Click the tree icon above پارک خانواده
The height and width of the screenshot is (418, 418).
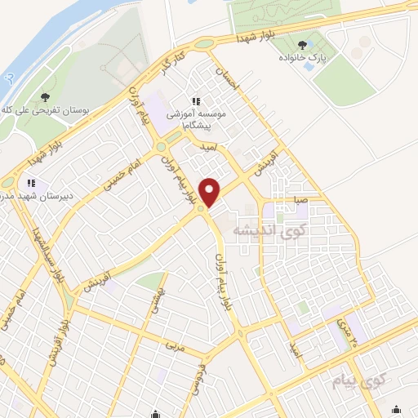(x=303, y=45)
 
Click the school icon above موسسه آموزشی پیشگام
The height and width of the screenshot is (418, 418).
(x=195, y=101)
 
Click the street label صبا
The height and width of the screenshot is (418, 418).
(x=301, y=199)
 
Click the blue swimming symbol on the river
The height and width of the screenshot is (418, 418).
(x=8, y=79)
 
